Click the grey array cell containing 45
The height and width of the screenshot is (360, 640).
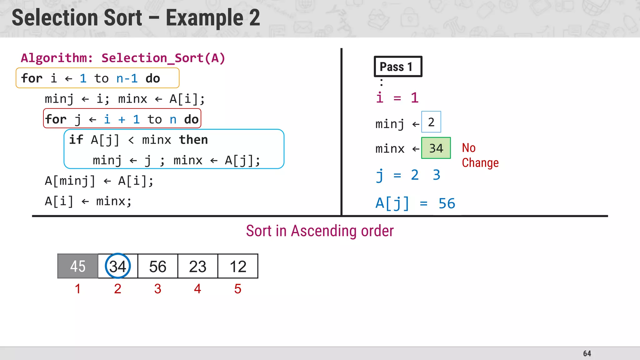(x=78, y=266)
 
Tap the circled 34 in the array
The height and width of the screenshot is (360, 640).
(x=118, y=266)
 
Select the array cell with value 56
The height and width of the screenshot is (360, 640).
(x=158, y=266)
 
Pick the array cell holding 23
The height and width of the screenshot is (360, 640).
(x=198, y=266)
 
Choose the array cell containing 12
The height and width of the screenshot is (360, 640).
(x=238, y=266)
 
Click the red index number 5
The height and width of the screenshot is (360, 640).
(x=238, y=289)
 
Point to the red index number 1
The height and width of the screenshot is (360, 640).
(x=78, y=289)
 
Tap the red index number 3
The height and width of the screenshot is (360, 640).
(x=158, y=289)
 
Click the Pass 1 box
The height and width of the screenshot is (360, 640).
(x=398, y=67)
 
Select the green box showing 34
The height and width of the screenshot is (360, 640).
(x=436, y=148)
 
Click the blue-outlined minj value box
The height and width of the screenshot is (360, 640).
(x=431, y=122)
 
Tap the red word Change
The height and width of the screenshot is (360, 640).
(x=480, y=163)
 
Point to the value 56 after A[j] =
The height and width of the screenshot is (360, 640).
(x=447, y=204)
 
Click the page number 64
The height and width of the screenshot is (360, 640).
(x=587, y=353)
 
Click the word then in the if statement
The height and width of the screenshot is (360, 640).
(x=193, y=140)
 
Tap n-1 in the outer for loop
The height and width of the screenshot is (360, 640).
(x=127, y=78)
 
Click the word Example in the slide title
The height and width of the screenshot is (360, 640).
(x=204, y=18)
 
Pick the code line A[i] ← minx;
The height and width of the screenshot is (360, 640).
(x=88, y=201)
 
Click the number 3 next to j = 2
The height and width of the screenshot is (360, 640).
(x=437, y=175)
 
